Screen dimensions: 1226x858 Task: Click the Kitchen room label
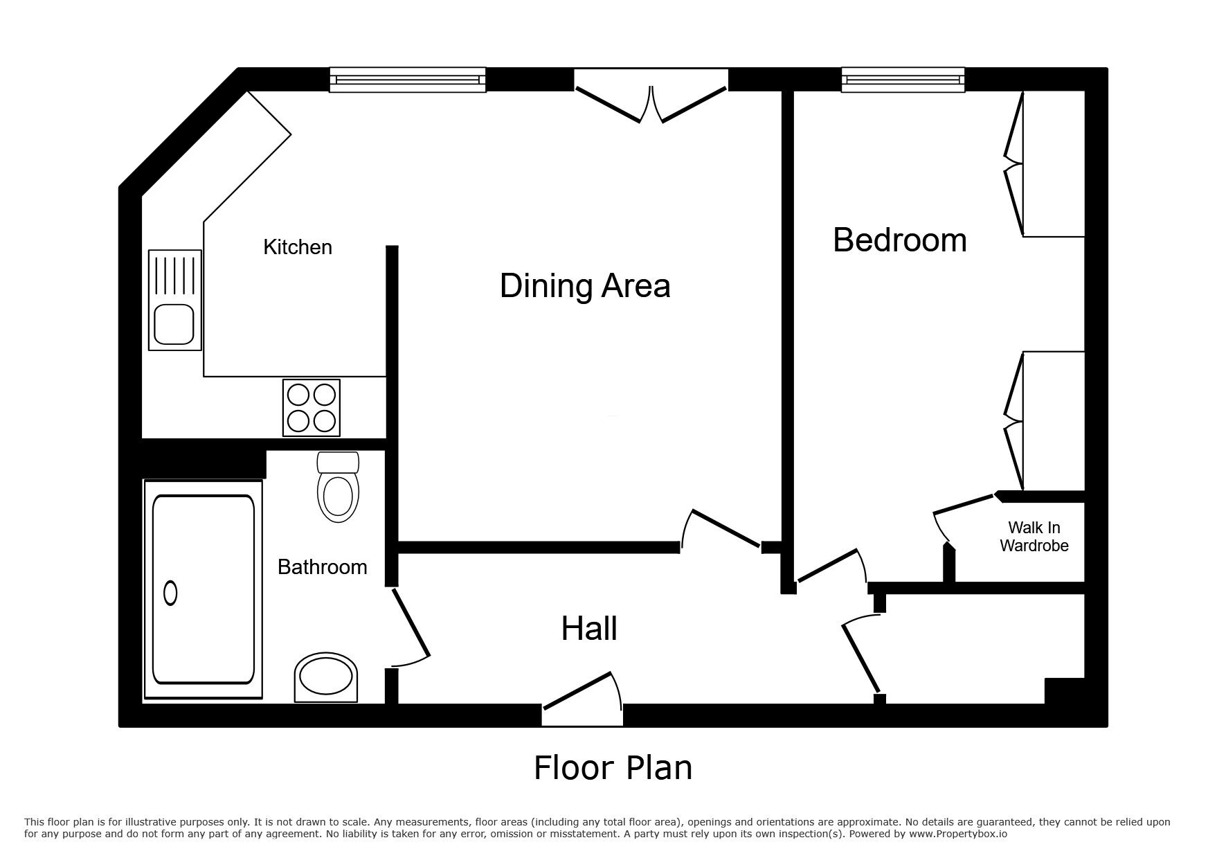pyautogui.click(x=298, y=247)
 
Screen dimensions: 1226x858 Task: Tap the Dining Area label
pyautogui.click(x=585, y=286)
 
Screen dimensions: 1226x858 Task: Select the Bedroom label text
pyautogui.click(x=899, y=240)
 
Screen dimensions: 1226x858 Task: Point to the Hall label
pyautogui.click(x=589, y=629)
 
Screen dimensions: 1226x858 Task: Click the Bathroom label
pyautogui.click(x=322, y=567)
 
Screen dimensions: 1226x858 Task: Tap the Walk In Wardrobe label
pyautogui.click(x=1034, y=537)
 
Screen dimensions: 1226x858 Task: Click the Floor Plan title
pyautogui.click(x=613, y=768)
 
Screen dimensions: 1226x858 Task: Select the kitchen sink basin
pyautogui.click(x=173, y=324)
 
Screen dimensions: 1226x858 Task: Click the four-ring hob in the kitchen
pyautogui.click(x=312, y=408)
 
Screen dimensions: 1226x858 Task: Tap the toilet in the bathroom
pyautogui.click(x=338, y=487)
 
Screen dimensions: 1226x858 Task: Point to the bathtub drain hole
pyautogui.click(x=170, y=593)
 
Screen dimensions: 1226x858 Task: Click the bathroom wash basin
pyautogui.click(x=326, y=677)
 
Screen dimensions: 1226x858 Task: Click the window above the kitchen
pyautogui.click(x=407, y=80)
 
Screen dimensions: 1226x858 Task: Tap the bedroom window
pyautogui.click(x=903, y=80)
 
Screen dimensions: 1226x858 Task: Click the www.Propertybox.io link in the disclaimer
pyautogui.click(x=958, y=834)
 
